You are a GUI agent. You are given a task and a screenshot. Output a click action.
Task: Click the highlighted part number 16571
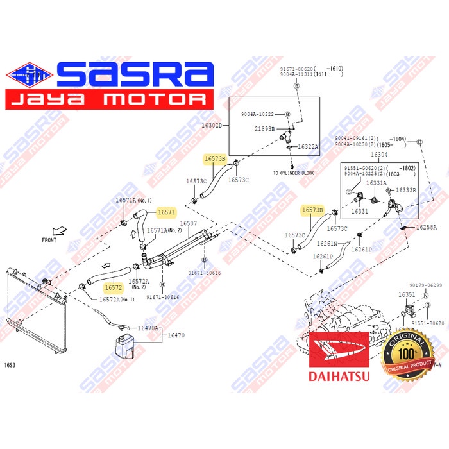click(167, 212)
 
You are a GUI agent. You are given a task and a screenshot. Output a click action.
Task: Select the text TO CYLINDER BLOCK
click(294, 174)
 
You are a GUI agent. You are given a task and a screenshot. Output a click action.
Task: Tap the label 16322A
click(308, 147)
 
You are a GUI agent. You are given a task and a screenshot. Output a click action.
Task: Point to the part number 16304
click(379, 155)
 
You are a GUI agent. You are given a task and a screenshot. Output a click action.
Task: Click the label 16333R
click(406, 190)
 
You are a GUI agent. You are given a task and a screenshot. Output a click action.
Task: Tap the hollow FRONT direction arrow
click(60, 230)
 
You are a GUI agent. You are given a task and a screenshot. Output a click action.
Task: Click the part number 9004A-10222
click(258, 114)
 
